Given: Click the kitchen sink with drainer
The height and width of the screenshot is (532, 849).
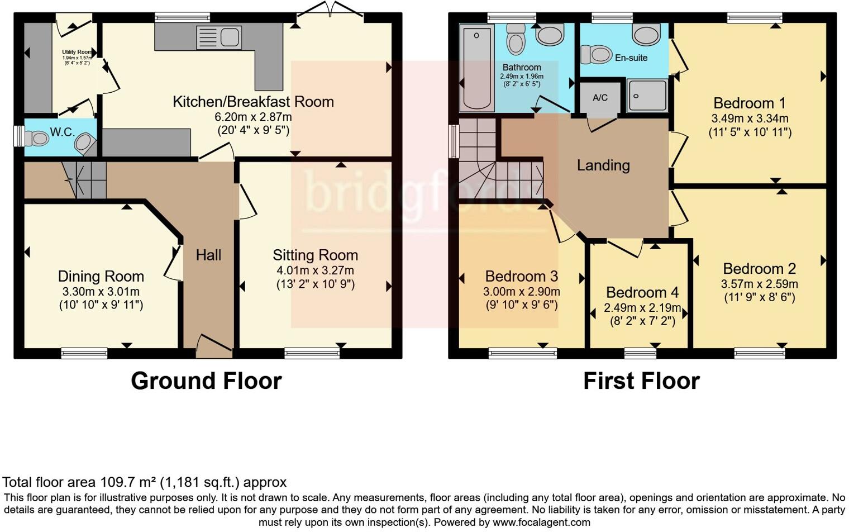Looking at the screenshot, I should click(x=218, y=38).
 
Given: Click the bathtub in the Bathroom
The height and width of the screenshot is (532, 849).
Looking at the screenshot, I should click(x=477, y=68).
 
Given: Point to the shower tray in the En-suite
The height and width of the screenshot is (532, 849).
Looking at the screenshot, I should click(x=647, y=96).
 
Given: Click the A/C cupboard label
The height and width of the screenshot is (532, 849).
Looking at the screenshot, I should click(x=600, y=98).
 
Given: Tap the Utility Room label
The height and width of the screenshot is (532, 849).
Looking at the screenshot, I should click(x=77, y=52).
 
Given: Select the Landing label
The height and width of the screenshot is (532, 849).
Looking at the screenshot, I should click(x=603, y=165).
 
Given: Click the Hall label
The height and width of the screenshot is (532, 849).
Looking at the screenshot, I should click(x=208, y=255).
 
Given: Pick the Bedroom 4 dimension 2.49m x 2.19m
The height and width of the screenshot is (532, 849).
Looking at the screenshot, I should click(x=642, y=308).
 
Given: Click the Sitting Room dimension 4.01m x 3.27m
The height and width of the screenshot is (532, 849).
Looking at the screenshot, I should click(x=315, y=270).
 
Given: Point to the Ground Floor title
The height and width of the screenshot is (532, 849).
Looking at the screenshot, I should click(x=206, y=381).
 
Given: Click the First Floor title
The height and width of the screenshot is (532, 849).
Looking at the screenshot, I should click(x=641, y=381).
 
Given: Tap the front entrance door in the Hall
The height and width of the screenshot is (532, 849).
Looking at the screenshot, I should click(x=214, y=346).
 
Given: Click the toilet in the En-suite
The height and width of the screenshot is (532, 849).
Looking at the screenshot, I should click(x=597, y=55).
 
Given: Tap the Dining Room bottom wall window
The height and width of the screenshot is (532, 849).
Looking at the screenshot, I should click(x=84, y=353).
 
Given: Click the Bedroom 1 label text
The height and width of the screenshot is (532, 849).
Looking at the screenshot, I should click(x=750, y=103).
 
